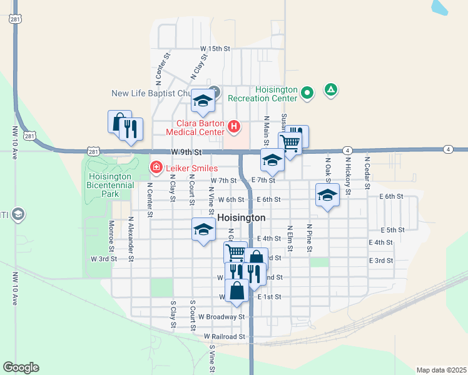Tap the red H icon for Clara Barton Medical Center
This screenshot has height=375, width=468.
(234, 127)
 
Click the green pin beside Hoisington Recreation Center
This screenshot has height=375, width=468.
(307, 93)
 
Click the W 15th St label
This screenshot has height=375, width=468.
(215, 48)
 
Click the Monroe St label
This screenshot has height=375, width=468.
(111, 231)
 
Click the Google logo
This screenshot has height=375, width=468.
(21, 367)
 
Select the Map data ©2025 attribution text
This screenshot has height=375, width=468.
(441, 369)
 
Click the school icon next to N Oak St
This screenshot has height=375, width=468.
(327, 195)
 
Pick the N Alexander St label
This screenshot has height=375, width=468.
(131, 235)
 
